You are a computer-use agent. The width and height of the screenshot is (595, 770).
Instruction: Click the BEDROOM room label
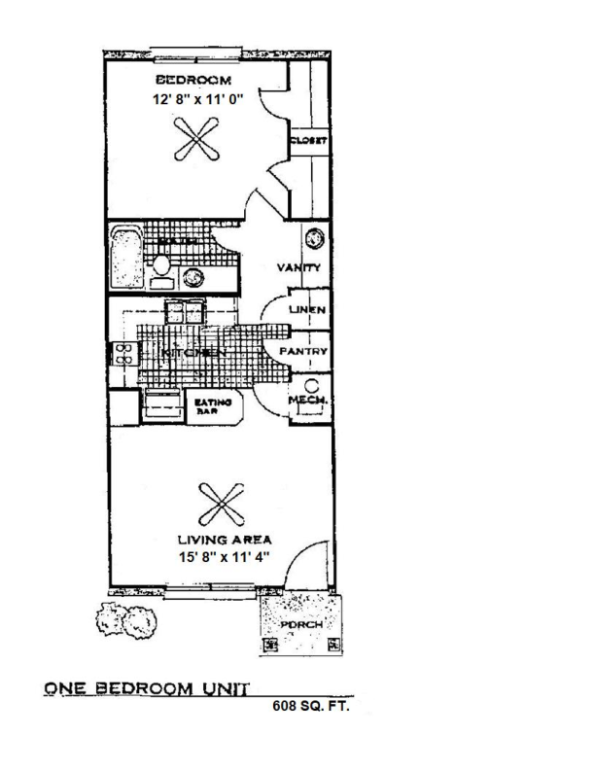coord(192,80)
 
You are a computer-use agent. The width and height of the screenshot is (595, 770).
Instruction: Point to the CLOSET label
coord(308,140)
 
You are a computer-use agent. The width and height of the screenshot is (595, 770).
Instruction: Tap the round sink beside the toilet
coord(194,276)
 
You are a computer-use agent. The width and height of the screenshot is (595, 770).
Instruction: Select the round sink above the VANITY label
coord(315,238)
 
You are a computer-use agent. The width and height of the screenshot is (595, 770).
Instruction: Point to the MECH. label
coord(310,400)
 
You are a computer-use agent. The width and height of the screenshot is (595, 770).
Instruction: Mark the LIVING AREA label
coord(223,539)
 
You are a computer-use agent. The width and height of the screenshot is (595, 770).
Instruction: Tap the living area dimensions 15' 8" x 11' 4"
coord(223,556)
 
